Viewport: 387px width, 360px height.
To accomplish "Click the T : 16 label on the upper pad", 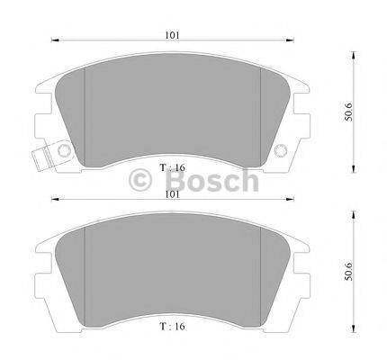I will [173, 167].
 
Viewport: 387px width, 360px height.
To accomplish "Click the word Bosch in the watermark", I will [219, 180].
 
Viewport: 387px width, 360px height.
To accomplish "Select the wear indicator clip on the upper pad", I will [41, 157].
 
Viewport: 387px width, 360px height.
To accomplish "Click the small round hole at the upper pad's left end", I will [64, 150].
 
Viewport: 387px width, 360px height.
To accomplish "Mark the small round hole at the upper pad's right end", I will [280, 150].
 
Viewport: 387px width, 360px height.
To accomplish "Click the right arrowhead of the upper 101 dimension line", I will [293, 41].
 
